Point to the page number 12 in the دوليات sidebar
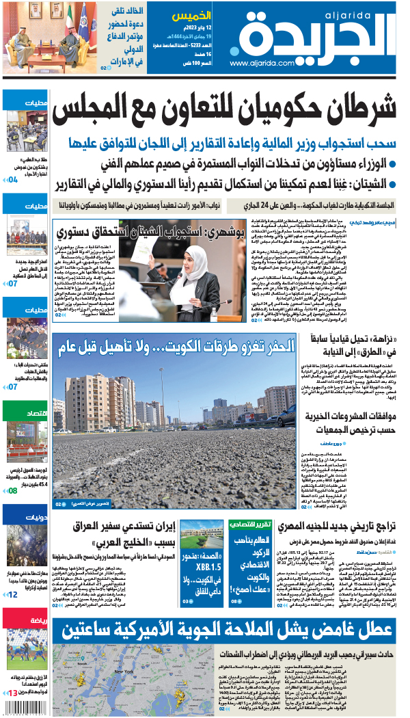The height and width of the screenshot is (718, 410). (12, 595)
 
